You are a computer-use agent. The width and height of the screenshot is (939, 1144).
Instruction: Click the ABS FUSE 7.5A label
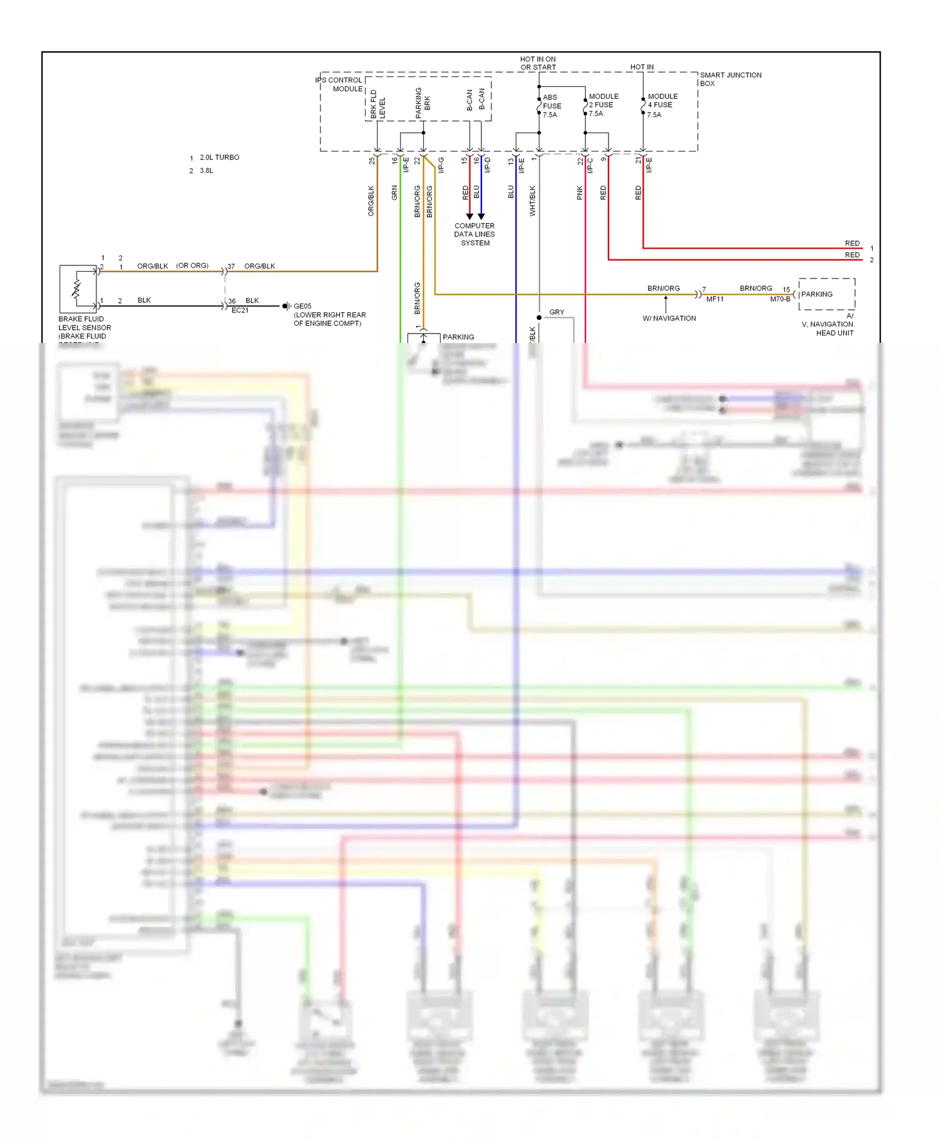552,106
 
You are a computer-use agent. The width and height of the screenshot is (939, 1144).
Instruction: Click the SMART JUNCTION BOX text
730,79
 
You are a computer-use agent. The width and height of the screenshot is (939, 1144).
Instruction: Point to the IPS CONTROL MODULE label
339,84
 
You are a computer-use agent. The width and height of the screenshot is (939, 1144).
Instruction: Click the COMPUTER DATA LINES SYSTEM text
475,234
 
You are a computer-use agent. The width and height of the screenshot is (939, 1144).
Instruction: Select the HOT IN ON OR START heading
538,63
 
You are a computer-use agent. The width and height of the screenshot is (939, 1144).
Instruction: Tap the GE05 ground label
302,306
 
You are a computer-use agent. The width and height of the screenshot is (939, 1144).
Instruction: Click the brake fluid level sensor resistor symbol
76,289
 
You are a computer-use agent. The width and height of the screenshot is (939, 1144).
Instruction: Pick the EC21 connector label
240,310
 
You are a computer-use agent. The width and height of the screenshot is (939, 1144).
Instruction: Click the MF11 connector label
714,299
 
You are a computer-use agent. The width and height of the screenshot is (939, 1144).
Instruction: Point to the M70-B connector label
780,299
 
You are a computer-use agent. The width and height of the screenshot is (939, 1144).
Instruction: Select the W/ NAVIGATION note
669,318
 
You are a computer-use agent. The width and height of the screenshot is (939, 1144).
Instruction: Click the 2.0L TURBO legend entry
219,157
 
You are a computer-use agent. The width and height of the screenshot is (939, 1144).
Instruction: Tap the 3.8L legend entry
206,170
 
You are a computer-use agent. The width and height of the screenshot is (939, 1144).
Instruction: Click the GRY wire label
557,312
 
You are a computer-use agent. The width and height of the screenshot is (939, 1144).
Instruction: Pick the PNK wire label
580,193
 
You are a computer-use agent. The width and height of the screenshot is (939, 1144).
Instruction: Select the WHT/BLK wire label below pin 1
533,200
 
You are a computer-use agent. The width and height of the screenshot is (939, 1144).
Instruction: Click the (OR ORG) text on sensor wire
192,265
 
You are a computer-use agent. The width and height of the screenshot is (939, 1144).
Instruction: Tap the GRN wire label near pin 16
394,193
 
